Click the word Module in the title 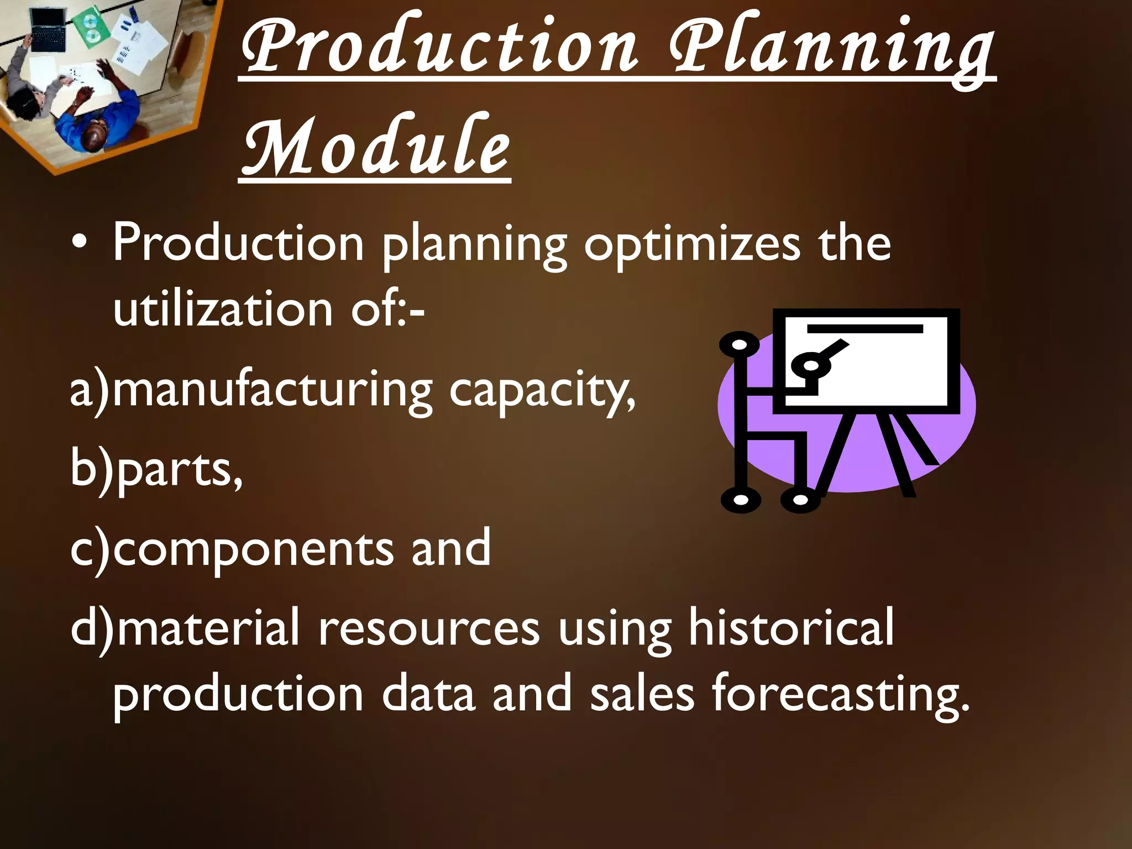tap(376, 145)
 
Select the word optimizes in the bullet tap(691, 243)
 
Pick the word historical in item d tap(790, 627)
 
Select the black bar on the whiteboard tap(865, 329)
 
